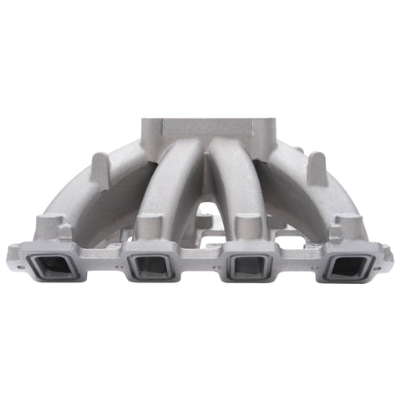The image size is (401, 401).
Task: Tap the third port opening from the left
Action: [248, 267]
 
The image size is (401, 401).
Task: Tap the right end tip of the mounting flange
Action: [389, 251]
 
